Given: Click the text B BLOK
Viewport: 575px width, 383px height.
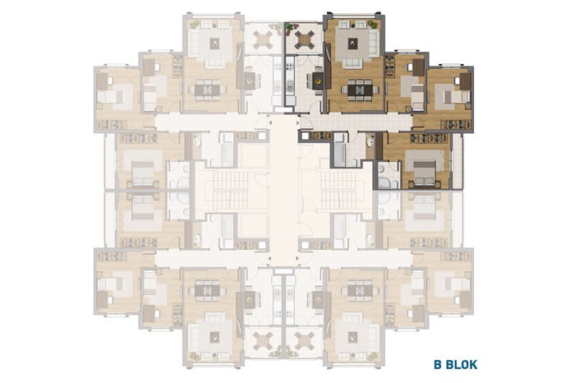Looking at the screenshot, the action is [x=455, y=365].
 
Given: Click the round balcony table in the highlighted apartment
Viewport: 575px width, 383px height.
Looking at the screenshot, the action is [x=305, y=38].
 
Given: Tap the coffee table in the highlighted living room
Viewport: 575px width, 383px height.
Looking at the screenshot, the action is [x=352, y=44].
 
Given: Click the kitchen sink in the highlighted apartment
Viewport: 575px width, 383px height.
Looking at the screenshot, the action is [x=290, y=87].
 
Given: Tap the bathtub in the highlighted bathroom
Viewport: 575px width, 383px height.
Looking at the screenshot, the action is [x=339, y=150].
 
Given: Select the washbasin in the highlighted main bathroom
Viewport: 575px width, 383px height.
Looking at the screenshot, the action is [x=370, y=141].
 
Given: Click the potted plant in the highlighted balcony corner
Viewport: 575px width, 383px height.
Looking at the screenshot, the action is [x=290, y=26].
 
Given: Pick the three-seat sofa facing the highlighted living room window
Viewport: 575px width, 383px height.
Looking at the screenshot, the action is [x=352, y=63].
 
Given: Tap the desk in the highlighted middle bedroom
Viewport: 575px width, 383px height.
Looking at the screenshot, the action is [x=418, y=67].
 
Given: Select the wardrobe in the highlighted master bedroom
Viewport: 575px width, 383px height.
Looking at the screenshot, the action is [x=429, y=138].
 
